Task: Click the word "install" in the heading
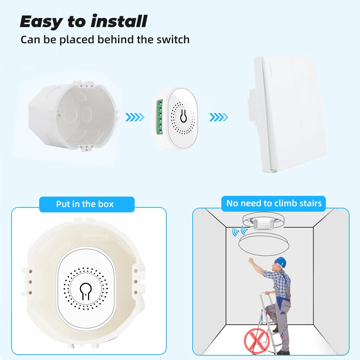click(119, 21)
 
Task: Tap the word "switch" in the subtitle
click(173, 40)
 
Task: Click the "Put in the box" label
click(85, 204)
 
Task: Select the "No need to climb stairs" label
click(274, 203)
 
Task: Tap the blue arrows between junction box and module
click(135, 117)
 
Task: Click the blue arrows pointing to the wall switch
click(219, 117)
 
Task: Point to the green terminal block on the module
click(160, 117)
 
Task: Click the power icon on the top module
click(183, 116)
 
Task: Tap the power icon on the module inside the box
click(85, 291)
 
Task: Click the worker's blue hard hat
click(280, 262)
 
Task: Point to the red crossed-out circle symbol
click(257, 341)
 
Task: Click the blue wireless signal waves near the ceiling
click(240, 231)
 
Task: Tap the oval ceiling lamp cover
click(264, 244)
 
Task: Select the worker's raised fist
click(251, 260)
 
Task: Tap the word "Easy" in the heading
click(41, 22)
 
